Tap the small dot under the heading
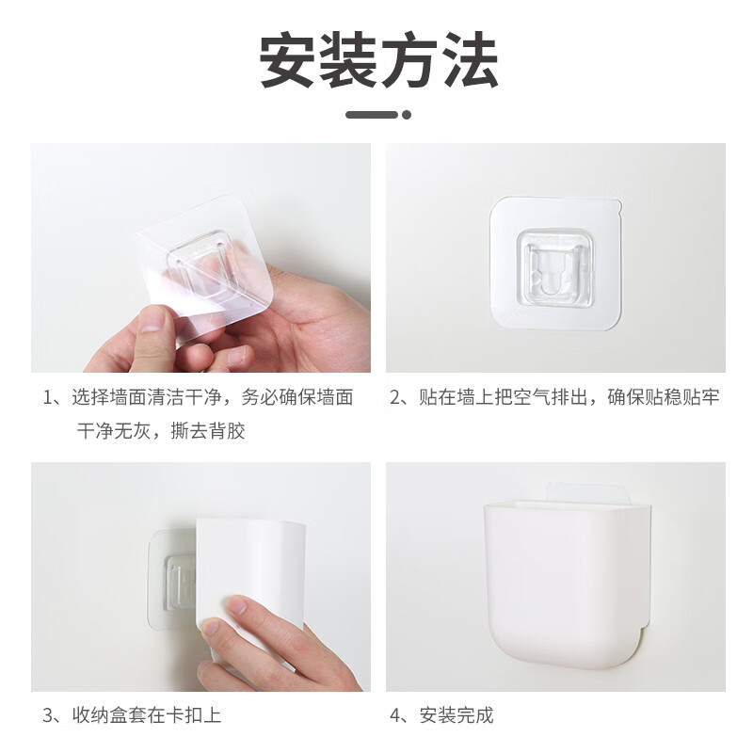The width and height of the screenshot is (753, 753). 407,115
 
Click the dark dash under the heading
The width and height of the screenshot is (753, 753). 371,115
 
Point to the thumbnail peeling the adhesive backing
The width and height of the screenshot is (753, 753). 200,257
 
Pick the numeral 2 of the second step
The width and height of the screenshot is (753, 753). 396,397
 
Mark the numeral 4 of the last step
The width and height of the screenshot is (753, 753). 396,715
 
